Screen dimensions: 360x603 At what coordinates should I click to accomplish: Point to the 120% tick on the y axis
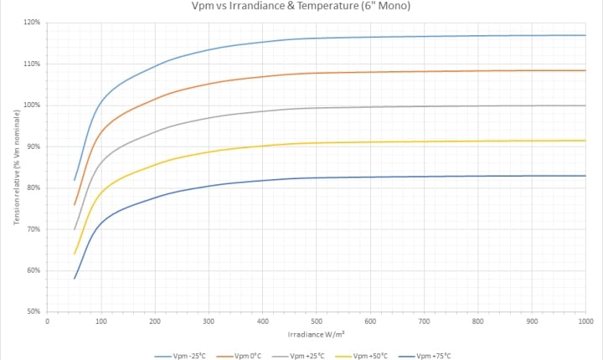tap(31, 23)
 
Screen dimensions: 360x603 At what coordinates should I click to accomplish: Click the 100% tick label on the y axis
tap(31, 105)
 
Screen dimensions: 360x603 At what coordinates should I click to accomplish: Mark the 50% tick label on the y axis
tap(33, 311)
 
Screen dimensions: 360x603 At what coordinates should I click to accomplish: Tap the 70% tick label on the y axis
tap(33, 229)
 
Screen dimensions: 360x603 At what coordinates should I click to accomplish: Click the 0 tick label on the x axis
tap(48, 321)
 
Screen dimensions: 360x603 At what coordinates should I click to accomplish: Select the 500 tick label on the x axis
tap(317, 321)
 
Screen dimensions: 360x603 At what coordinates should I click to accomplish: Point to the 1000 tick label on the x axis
tap(585, 321)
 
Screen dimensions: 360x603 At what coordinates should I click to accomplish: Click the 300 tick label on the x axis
tap(209, 321)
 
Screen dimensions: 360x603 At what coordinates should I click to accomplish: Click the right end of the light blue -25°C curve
tap(585, 35)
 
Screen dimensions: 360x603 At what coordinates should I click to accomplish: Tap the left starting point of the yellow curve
tap(75, 254)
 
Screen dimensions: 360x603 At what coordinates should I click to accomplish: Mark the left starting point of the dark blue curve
tap(75, 279)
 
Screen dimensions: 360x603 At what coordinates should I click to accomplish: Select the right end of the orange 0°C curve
tap(585, 70)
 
